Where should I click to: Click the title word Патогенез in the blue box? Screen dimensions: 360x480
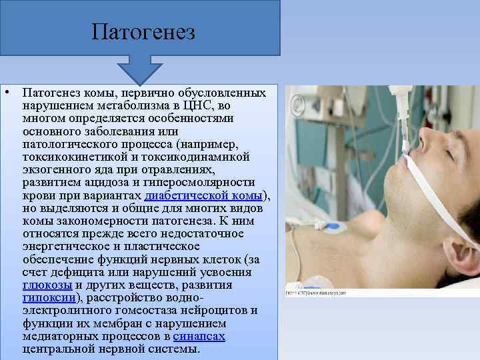pos(143,31)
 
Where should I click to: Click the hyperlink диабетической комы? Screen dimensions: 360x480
pos(204,195)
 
